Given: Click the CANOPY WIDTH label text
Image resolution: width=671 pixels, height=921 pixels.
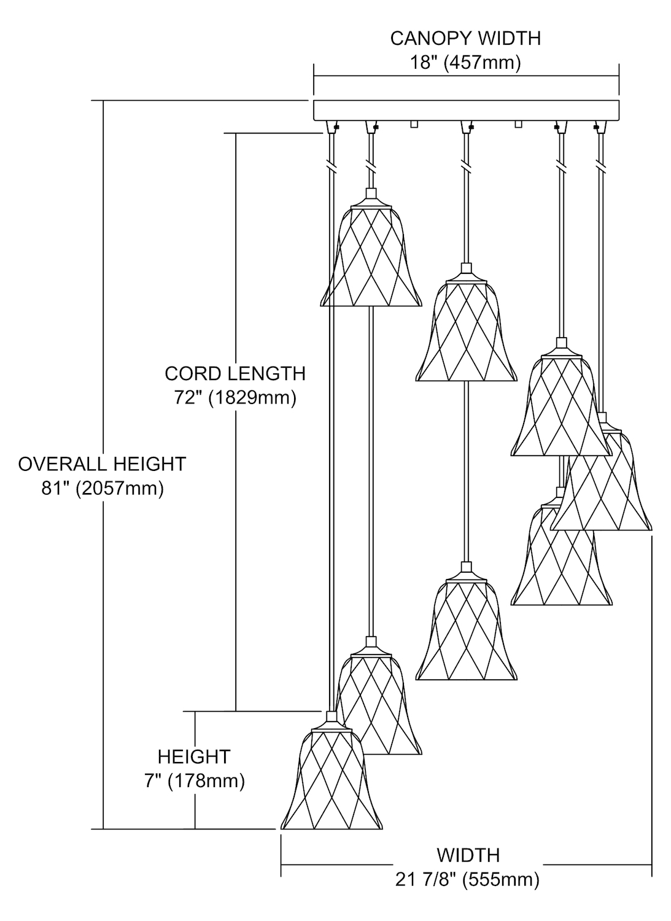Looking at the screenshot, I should point(465,39).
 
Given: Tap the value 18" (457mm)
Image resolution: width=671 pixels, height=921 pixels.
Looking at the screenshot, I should point(465,63).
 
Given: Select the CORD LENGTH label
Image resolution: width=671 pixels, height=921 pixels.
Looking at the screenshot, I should point(235,373).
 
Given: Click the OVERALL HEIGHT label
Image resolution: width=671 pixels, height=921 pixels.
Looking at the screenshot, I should point(102,464).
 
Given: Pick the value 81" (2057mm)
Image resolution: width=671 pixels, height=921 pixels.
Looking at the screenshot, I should point(102,488).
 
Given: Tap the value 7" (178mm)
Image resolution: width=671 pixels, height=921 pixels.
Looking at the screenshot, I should point(194,781).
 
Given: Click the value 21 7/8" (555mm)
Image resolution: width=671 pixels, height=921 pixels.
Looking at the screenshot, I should point(468,879).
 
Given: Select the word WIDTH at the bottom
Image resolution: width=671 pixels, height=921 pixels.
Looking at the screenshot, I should point(468,855).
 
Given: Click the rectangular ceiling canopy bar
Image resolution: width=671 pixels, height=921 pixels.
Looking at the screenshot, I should point(466,110).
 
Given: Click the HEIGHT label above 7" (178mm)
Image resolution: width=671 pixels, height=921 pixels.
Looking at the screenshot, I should point(194,756).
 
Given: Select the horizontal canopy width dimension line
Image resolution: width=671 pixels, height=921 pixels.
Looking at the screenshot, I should point(466,76).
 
